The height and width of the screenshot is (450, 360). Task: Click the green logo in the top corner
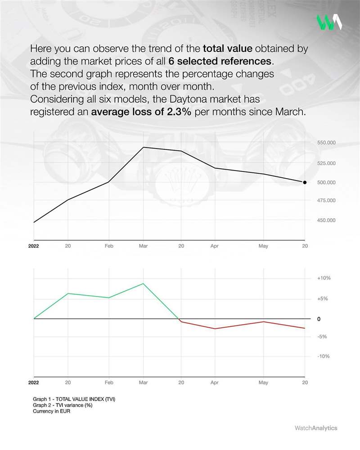tap(328, 22)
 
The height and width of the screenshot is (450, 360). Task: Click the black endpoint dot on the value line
tap(305, 182)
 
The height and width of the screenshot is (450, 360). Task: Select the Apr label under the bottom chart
tap(214, 383)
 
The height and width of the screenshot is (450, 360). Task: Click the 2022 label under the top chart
tap(33, 247)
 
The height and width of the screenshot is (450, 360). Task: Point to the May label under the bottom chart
tap(263, 383)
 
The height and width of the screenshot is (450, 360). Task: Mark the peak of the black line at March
tap(143, 147)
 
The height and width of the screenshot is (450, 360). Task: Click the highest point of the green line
tap(143, 283)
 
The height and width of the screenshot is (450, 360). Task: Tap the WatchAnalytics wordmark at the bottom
tap(315, 428)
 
